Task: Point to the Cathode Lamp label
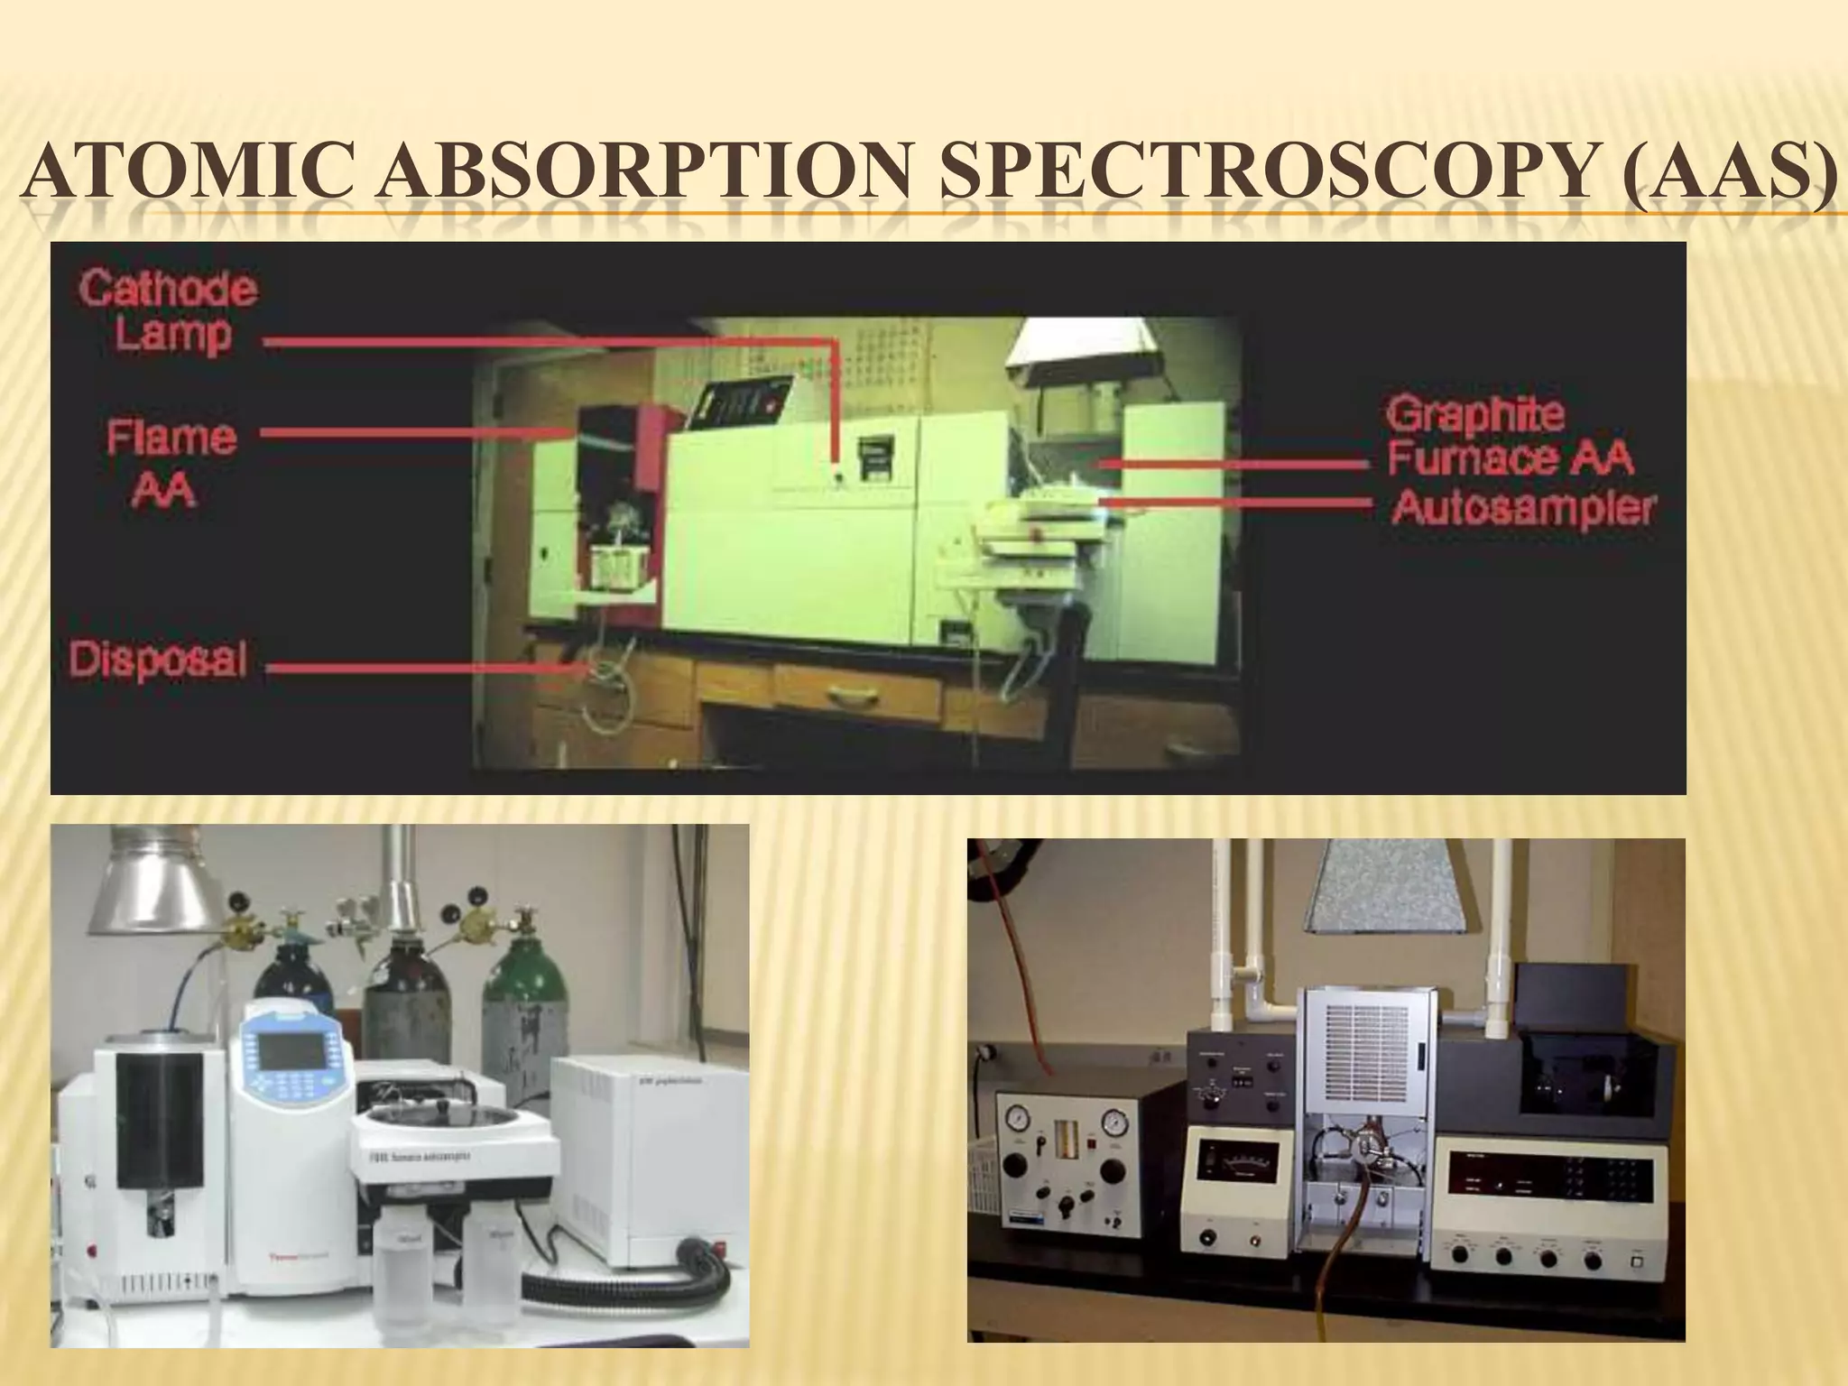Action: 168,311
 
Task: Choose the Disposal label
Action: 158,660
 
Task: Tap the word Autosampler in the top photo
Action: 1523,508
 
